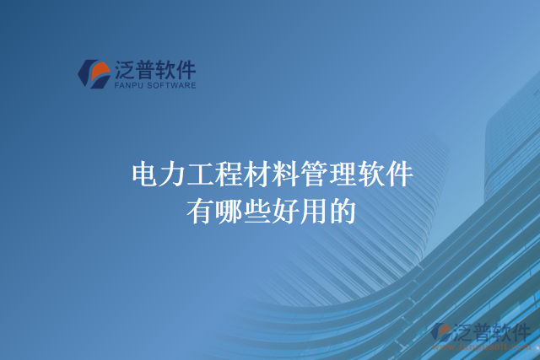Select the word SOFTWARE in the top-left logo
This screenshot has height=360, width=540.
pos(174,85)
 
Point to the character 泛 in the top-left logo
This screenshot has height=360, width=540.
pos(125,68)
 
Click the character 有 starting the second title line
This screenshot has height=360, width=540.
pos(200,211)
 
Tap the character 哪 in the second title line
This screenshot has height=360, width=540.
pos(229,211)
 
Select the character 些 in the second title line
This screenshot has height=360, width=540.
pos(256,211)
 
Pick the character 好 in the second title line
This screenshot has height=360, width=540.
pos(285,211)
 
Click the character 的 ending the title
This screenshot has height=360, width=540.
pos(342,211)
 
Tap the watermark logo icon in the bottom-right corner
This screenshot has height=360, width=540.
pos(440,333)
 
